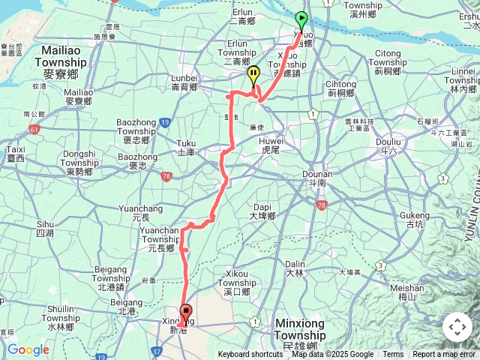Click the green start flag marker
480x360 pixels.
click(x=301, y=20)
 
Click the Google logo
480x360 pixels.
click(x=28, y=349)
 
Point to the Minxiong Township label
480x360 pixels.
click(x=300, y=328)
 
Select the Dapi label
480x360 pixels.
click(x=262, y=211)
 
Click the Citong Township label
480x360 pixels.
click(x=388, y=58)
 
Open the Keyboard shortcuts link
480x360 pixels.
click(x=250, y=355)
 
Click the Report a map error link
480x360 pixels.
click(x=443, y=355)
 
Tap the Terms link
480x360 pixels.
click(x=393, y=355)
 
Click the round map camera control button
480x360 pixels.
click(x=457, y=327)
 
